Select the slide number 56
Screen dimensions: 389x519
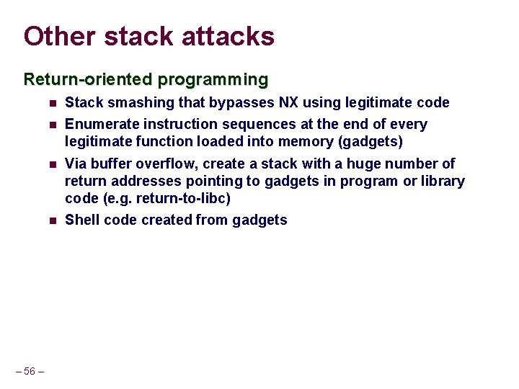click(30, 371)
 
